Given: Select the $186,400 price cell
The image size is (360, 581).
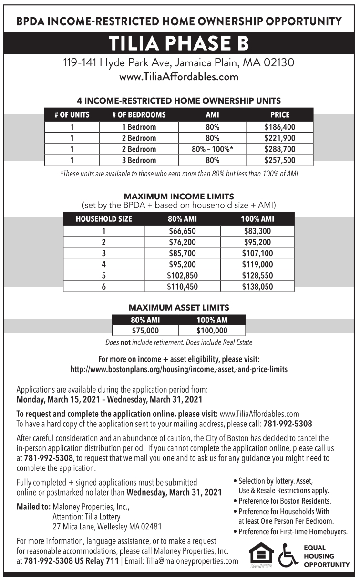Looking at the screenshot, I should pyautogui.click(x=280, y=127).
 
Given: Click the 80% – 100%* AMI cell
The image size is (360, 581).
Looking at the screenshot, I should pyautogui.click(x=212, y=149).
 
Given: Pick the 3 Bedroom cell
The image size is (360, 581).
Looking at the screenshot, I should pyautogui.click(x=139, y=160).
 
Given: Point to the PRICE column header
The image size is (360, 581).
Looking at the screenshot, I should pyautogui.click(x=280, y=115).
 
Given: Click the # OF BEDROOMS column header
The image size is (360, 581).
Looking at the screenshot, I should pyautogui.click(x=139, y=115).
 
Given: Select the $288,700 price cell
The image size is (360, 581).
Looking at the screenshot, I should pyautogui.click(x=280, y=149).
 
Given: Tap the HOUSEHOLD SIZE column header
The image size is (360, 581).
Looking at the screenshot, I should pyautogui.click(x=103, y=219).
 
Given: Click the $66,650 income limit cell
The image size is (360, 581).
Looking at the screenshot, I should pyautogui.click(x=182, y=231).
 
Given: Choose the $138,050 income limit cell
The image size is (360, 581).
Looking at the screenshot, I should pyautogui.click(x=257, y=287).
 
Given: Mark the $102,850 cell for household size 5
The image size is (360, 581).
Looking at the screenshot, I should pyautogui.click(x=182, y=276).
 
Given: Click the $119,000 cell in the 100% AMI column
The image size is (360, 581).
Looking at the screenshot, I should pyautogui.click(x=257, y=265).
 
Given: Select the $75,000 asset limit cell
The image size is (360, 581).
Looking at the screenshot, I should pyautogui.click(x=145, y=330).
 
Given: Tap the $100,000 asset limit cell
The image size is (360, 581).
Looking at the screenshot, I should pyautogui.click(x=212, y=330).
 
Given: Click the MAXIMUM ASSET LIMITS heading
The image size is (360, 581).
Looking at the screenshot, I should pyautogui.click(x=179, y=308).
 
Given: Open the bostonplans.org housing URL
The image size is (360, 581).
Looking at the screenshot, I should pyautogui.click(x=179, y=369).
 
